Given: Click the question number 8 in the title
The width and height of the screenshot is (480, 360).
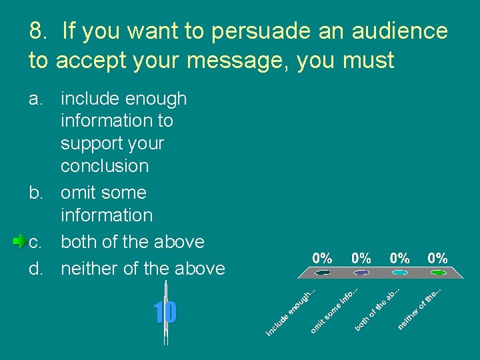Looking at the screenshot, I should pyautogui.click(x=38, y=31).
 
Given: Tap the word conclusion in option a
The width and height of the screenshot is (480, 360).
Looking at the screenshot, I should pyautogui.click(x=105, y=165).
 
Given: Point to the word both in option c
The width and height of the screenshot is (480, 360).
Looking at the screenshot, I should pyautogui.click(x=77, y=241).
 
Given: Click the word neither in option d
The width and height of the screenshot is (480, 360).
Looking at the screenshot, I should pyautogui.click(x=89, y=269).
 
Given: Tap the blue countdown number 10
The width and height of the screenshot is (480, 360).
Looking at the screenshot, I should pyautogui.click(x=165, y=312).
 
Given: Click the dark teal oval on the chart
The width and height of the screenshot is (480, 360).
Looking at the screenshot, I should pyautogui.click(x=323, y=272).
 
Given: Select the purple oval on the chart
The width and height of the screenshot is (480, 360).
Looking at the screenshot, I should pyautogui.click(x=361, y=272).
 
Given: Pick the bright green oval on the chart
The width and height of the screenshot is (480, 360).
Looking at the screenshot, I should pyautogui.click(x=438, y=272).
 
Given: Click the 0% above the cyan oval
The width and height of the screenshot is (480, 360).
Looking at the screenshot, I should pyautogui.click(x=400, y=258).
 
